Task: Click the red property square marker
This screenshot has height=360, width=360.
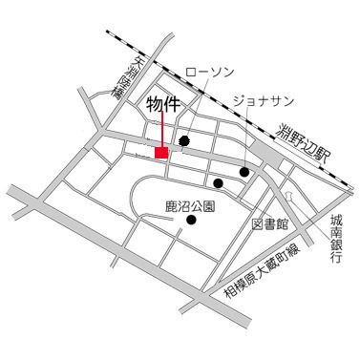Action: coord(161,153)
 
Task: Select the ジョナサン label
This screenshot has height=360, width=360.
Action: coord(264,100)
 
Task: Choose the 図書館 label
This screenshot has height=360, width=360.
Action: coord(270,225)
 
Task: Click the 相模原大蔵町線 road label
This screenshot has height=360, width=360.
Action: coord(263,269)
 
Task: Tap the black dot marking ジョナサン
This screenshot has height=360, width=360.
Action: coord(245,173)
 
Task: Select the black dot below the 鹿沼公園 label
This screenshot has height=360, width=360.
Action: coord(191,221)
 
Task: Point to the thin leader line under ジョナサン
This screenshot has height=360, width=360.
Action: coord(251,138)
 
